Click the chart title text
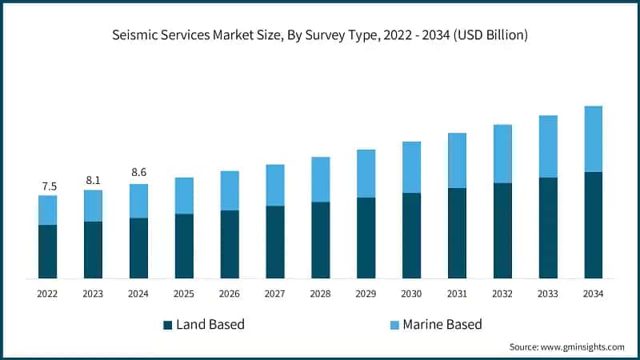(320, 35)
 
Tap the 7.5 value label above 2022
(48, 186)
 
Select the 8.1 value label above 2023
(94, 180)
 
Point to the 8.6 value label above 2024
(138, 173)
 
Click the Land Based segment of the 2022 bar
(48, 251)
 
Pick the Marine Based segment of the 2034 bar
(593, 138)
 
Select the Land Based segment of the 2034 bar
(593, 225)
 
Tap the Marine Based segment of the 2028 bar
(321, 179)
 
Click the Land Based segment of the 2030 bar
(411, 235)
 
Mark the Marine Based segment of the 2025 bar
(184, 195)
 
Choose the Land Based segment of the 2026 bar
(230, 244)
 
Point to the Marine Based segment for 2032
(502, 154)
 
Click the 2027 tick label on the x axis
(275, 294)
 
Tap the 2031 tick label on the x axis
(457, 294)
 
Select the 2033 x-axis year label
(548, 294)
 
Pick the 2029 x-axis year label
(366, 294)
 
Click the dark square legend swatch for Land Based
(167, 325)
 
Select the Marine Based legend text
(442, 325)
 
